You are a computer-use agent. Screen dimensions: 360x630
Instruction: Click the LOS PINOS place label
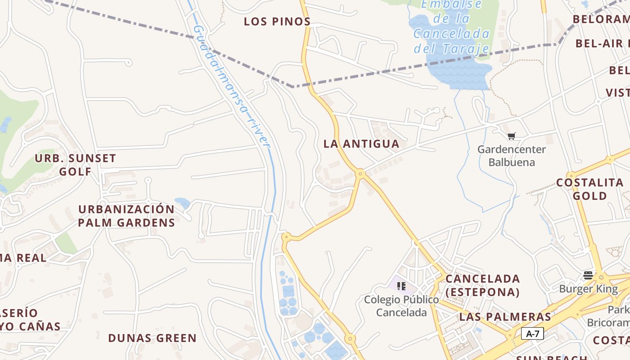click(x=277, y=22)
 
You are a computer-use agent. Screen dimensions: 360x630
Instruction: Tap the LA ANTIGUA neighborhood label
click(x=361, y=144)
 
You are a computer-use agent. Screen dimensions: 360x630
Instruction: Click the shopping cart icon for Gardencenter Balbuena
click(x=511, y=136)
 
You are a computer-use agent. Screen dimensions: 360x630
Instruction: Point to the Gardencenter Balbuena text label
click(x=512, y=156)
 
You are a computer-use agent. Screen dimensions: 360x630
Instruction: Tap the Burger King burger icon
click(x=588, y=275)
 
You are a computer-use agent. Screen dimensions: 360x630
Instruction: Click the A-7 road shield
click(x=532, y=334)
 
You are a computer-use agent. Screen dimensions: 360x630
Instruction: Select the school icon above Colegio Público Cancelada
click(x=401, y=286)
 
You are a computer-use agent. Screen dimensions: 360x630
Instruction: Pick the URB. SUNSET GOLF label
click(x=76, y=165)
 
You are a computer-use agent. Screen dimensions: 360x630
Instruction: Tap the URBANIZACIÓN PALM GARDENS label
click(x=126, y=216)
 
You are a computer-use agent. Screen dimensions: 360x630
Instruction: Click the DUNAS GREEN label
click(x=153, y=338)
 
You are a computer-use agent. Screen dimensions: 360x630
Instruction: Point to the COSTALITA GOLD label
click(x=590, y=189)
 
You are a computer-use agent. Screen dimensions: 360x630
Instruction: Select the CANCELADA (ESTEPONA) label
click(x=483, y=285)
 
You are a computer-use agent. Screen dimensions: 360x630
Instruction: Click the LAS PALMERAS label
click(x=505, y=317)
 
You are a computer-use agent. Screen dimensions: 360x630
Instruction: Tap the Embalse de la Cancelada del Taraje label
click(x=451, y=27)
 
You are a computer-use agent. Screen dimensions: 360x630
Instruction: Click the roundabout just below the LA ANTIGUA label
click(x=360, y=173)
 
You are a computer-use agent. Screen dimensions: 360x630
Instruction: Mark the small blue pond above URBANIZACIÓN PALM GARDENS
click(x=182, y=202)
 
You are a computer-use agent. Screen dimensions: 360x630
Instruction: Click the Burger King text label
click(x=589, y=289)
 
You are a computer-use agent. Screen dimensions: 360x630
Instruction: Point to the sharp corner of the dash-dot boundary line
click(x=293, y=86)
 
